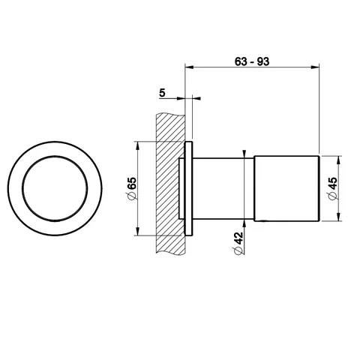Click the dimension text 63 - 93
coord(252,61)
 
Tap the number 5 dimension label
coord(162,93)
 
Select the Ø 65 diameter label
coord(132,188)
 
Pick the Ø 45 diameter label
coord(333,188)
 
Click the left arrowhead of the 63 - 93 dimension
coord(189,67)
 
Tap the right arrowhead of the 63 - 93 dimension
coord(315,67)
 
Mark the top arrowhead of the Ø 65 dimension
coord(137,146)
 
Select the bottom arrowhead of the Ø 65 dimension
coord(137,231)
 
